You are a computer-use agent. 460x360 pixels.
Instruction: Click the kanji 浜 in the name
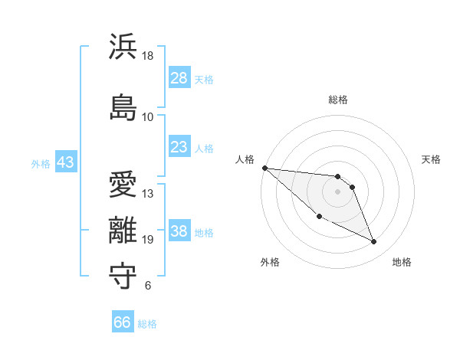coord(123,47)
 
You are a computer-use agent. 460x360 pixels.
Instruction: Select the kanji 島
coord(123,106)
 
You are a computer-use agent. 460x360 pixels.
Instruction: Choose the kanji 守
coord(123,277)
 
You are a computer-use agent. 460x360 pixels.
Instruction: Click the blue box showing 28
coord(179,78)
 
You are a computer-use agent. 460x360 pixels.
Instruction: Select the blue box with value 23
coord(179,147)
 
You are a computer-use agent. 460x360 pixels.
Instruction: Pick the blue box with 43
coord(65,162)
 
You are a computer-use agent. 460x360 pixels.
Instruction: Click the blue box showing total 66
coord(123,322)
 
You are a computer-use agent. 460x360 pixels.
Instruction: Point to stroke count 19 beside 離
coord(148,240)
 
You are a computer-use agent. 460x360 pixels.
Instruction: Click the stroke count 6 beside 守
coord(148,286)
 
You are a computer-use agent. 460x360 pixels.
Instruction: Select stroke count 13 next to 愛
coord(148,193)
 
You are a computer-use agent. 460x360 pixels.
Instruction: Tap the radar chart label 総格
coord(337,100)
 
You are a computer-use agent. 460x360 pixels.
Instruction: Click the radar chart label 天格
coord(432,159)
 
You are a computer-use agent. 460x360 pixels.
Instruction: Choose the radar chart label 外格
coord(270,262)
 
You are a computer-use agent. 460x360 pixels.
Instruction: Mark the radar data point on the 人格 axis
coord(264,167)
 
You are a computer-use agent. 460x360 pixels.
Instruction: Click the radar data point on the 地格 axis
coord(373,242)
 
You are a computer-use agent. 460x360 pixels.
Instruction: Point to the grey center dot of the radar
coord(337,191)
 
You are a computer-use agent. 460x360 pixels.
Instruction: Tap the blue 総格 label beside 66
coord(147,324)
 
